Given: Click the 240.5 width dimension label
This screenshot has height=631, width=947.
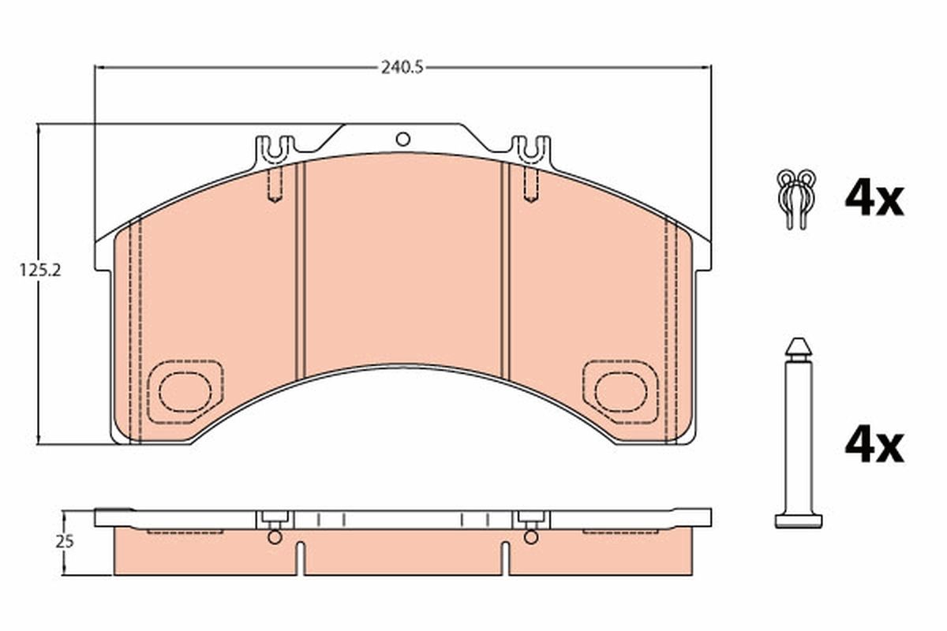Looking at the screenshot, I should (402, 67).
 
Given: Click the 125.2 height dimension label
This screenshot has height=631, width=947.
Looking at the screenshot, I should (40, 269).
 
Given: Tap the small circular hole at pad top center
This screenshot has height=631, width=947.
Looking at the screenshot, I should (402, 140).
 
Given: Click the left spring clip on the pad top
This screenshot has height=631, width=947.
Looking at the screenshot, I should (275, 148).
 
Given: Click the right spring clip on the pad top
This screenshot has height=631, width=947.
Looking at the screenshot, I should (530, 148).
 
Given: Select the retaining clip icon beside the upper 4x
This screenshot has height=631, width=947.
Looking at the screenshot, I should (795, 197).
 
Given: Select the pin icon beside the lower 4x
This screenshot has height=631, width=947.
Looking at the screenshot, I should (798, 434).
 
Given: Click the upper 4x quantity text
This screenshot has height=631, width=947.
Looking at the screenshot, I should (873, 198).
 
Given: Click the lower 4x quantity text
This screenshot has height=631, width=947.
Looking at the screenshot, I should (873, 446).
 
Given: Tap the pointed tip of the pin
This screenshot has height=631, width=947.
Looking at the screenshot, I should (798, 345).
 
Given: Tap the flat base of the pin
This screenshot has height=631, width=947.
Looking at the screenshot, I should (798, 521).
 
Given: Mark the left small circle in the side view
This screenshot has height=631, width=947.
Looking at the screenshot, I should (274, 537).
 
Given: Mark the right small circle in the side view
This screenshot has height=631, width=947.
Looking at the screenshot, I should (531, 537).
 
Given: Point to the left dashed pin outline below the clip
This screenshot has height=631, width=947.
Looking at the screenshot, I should (275, 185).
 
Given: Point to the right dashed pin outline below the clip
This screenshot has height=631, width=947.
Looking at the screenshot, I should (530, 185).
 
